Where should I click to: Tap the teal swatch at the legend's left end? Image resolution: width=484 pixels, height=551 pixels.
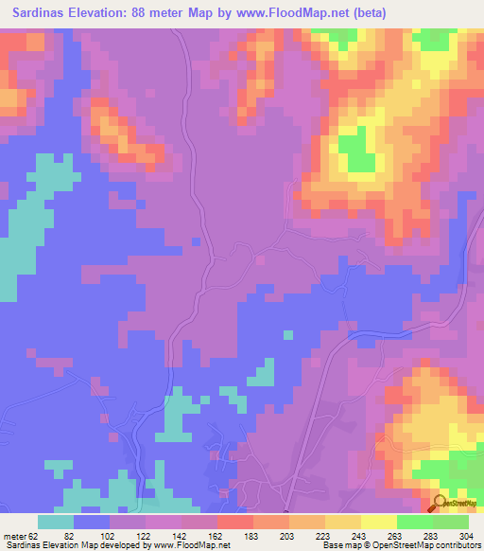[x=56, y=522]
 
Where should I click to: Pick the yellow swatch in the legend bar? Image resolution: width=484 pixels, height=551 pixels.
[x=379, y=522]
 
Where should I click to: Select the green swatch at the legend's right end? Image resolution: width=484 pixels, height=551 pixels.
[x=451, y=522]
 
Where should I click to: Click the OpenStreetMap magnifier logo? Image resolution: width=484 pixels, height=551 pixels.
[x=439, y=504]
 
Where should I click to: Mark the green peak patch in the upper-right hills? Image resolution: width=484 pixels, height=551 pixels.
[x=356, y=151]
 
